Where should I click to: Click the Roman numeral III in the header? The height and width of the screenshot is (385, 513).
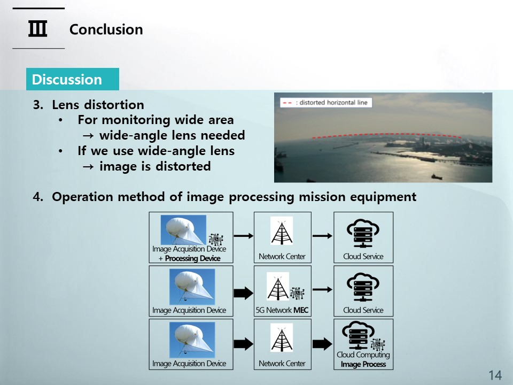point(37,28)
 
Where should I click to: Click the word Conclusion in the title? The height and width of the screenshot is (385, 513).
point(106,29)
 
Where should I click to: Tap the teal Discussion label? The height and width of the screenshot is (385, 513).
point(73,79)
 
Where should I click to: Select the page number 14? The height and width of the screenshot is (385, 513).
point(495,375)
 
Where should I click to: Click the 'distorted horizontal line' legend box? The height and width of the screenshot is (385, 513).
point(326,103)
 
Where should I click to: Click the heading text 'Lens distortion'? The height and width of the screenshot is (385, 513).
point(98,105)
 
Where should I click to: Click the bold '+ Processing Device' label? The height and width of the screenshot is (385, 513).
point(189,258)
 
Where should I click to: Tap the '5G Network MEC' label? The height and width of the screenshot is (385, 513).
point(282,310)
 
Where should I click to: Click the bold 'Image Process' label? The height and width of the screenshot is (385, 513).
point(363,364)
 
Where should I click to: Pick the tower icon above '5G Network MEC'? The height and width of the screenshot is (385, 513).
point(278,287)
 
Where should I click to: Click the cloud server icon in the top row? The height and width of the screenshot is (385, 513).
point(363,233)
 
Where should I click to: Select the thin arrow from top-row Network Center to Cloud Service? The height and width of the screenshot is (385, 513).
point(322,236)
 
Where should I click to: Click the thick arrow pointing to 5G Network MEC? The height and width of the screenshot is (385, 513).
point(244,292)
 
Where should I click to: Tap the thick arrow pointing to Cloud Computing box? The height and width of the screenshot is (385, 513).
point(322,344)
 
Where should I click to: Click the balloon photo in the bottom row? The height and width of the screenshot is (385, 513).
point(192,340)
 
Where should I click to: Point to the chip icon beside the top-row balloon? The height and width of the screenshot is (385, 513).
point(216,240)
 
